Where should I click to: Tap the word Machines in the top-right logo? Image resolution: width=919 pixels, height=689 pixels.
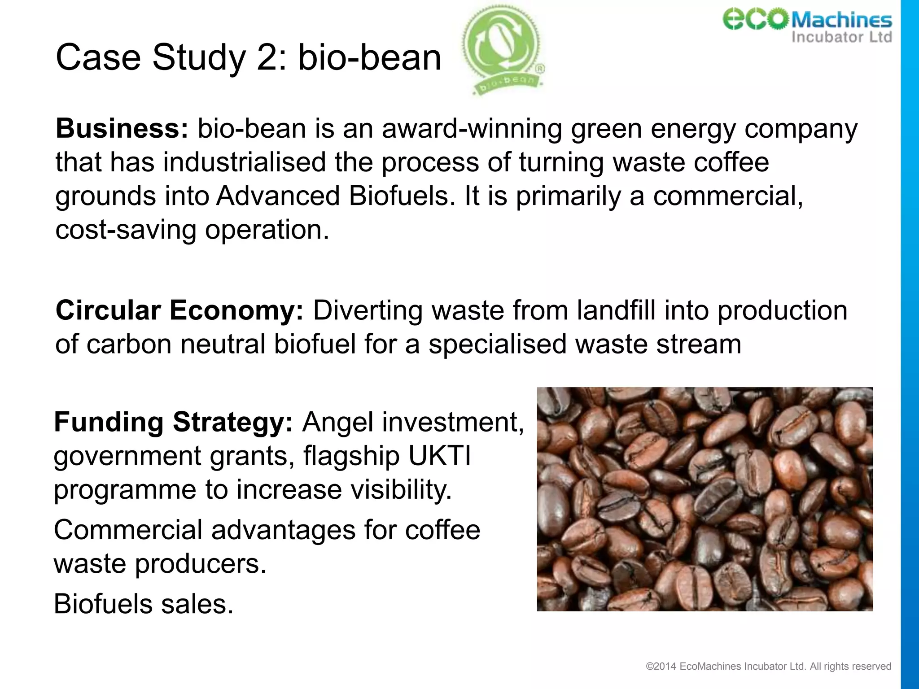click(x=841, y=20)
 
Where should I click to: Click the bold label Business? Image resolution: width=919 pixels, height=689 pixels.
click(x=122, y=129)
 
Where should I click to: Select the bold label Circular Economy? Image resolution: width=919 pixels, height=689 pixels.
click(x=179, y=310)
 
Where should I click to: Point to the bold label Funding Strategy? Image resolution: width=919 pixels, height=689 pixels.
click(x=173, y=422)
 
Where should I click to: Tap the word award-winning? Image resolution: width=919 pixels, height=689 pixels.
click(x=472, y=129)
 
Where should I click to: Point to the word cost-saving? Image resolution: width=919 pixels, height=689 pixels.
click(x=126, y=230)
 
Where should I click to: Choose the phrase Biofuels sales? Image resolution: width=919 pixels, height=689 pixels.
click(x=144, y=604)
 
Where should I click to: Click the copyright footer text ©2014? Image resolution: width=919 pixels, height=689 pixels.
click(x=661, y=667)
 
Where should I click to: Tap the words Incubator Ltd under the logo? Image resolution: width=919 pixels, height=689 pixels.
click(x=841, y=37)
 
